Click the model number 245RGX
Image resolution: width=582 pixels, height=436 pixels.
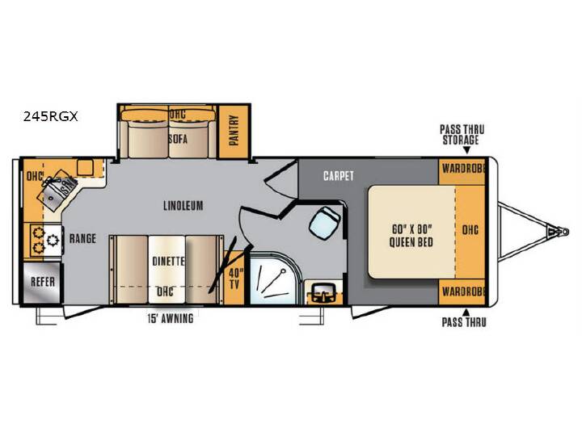click(50, 117)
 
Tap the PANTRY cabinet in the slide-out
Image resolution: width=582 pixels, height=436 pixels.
click(234, 132)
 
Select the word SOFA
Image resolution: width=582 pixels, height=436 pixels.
click(178, 139)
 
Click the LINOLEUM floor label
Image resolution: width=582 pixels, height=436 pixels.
click(183, 205)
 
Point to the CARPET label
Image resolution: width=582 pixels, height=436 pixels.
click(339, 176)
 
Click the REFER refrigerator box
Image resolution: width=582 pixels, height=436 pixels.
click(42, 283)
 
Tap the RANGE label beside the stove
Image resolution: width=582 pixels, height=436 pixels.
click(82, 238)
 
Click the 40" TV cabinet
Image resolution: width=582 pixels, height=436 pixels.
click(234, 278)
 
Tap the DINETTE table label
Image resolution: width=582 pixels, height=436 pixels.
click(168, 261)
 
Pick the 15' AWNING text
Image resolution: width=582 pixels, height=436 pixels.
click(171, 318)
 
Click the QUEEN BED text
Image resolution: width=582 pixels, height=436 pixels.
click(411, 242)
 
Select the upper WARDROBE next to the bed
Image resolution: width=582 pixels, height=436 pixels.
click(463, 169)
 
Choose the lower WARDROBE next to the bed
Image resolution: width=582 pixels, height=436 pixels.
click(463, 291)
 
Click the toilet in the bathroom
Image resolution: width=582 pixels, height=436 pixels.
click(324, 223)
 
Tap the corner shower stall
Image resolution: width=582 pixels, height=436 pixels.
click(274, 278)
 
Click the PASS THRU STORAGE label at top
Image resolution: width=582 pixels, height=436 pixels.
click(462, 135)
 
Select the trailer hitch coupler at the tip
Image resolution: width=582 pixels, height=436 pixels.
click(559, 232)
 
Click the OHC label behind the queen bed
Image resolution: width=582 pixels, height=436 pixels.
click(470, 230)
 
